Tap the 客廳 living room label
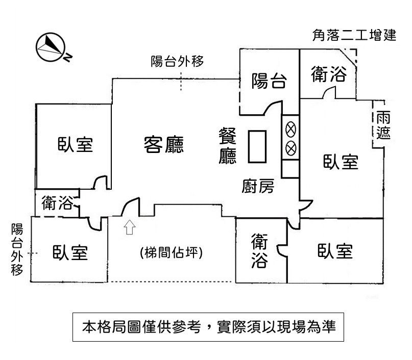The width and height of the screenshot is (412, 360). tap(163, 145)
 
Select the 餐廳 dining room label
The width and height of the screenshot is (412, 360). tap(228, 146)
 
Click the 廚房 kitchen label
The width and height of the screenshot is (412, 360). tap(258, 187)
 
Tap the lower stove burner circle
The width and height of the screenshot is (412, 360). tap(290, 148)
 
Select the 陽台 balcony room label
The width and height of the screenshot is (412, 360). tap(269, 81)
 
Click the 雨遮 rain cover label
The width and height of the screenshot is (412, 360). tap(383, 125)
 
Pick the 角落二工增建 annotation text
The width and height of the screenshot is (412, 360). tap(354, 36)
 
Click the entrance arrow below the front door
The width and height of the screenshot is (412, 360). tap(129, 227)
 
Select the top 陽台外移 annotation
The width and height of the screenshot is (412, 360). tap(178, 62)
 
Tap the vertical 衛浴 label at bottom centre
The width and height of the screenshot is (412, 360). tap(259, 251)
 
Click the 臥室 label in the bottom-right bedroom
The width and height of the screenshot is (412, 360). tap(335, 251)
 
